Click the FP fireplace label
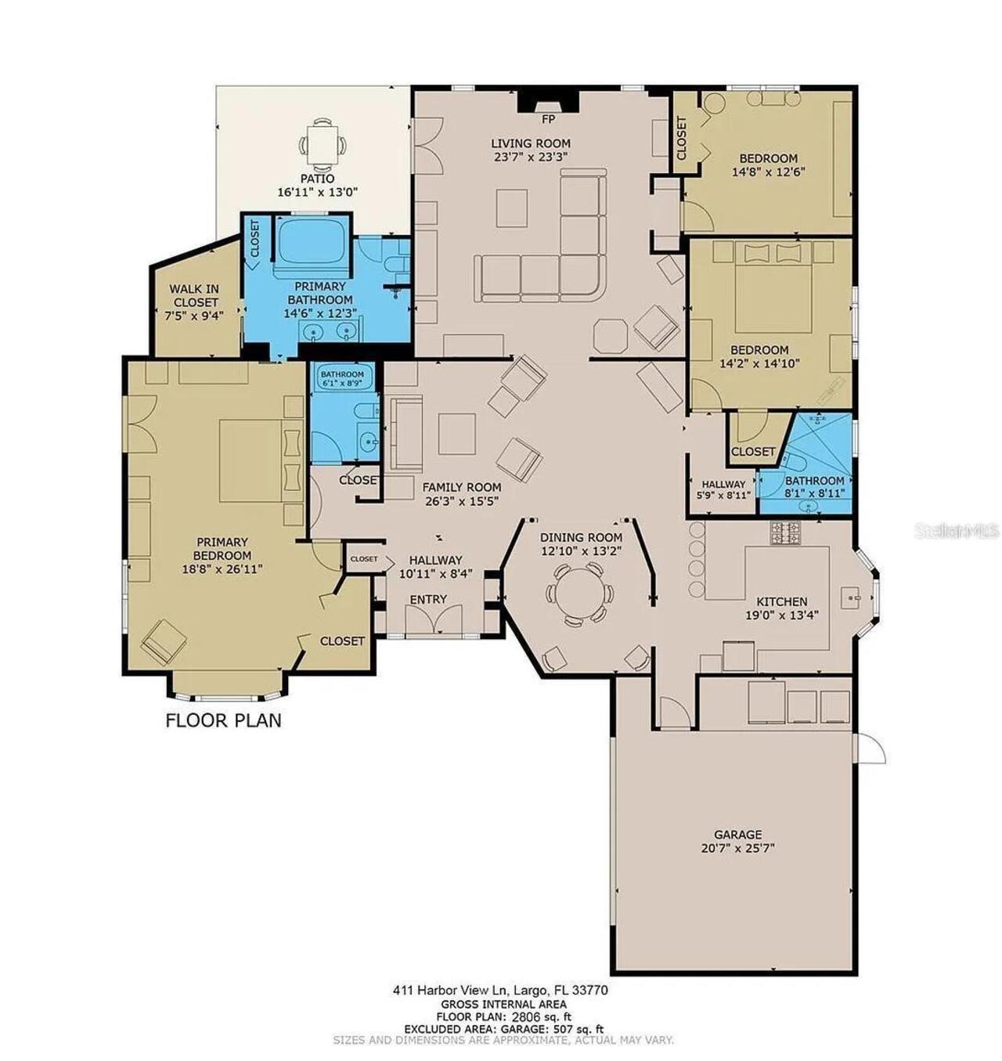[x=548, y=120]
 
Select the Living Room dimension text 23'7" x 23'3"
[x=530, y=156]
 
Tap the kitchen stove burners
[x=785, y=533]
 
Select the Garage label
[x=737, y=835]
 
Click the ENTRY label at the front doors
[x=428, y=599]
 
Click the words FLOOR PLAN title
[x=223, y=720]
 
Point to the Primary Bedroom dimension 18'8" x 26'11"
[x=222, y=568]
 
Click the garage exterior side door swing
[x=870, y=749]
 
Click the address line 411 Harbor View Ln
[x=500, y=991]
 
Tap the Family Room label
[x=461, y=487]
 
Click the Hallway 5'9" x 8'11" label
[x=723, y=489]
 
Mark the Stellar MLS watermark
[x=956, y=532]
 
